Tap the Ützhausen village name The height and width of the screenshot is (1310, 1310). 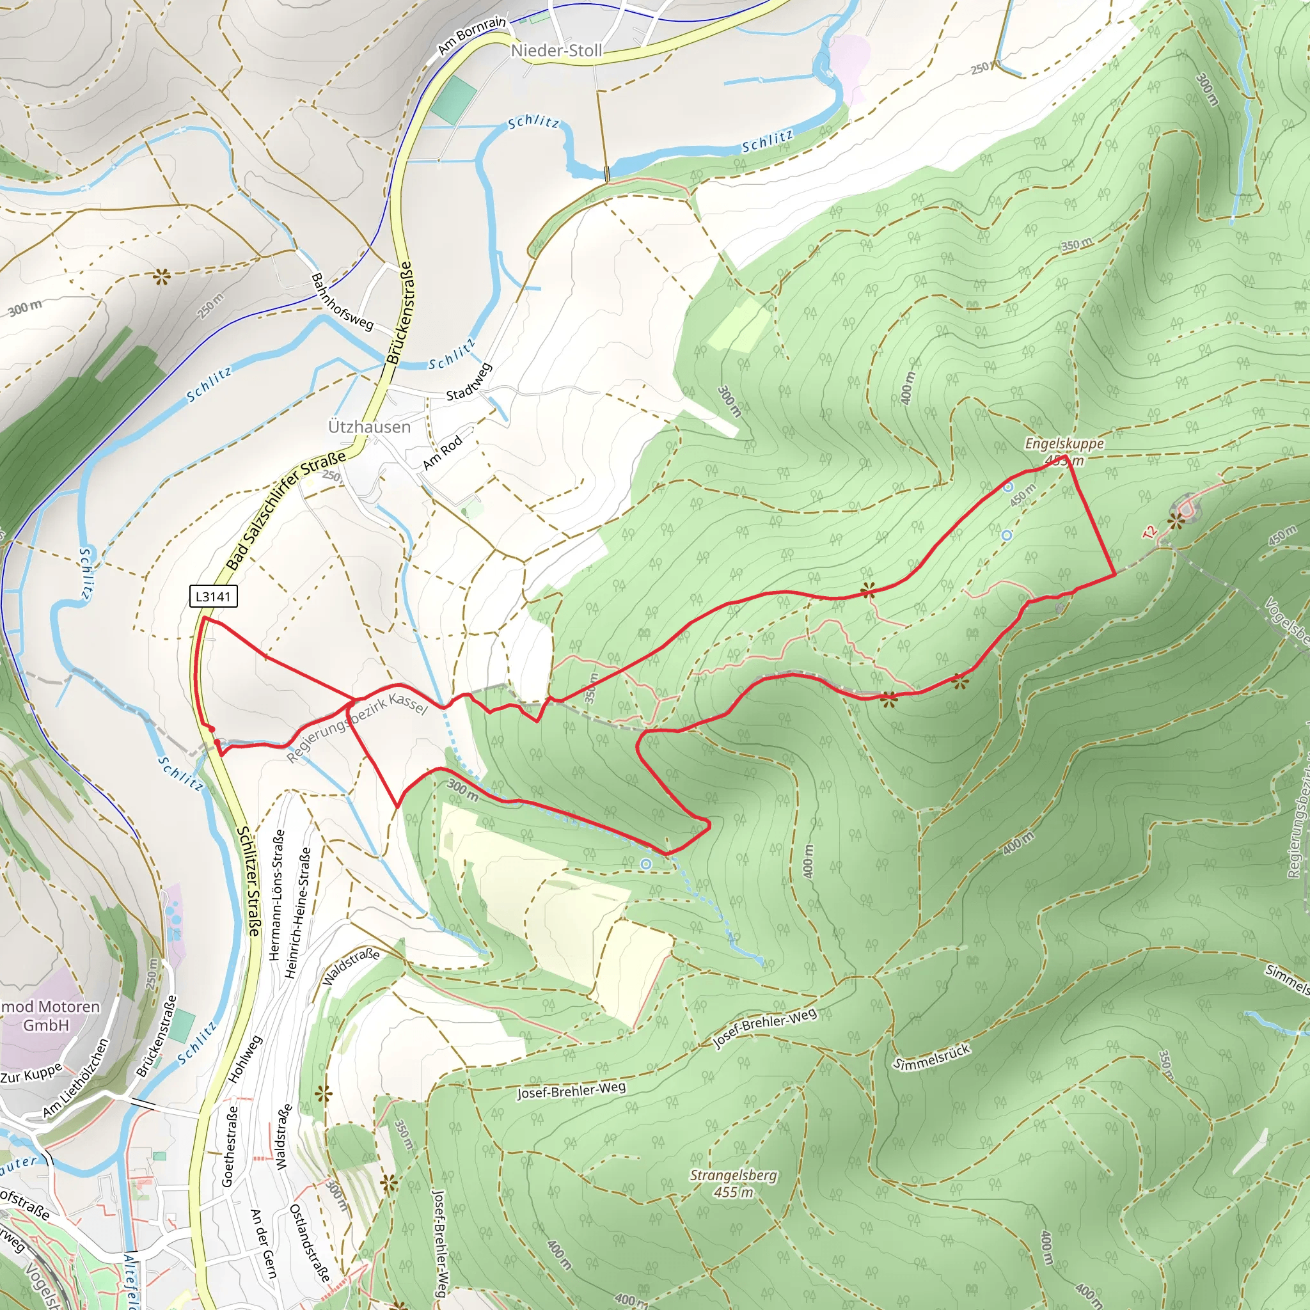[370, 427]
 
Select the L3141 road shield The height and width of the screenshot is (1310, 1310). [213, 597]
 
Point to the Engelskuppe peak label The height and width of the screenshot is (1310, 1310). [1064, 443]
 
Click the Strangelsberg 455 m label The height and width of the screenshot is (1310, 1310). [734, 1183]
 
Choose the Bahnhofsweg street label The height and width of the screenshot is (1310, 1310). [342, 302]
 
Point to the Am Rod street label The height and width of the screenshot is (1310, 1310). [442, 452]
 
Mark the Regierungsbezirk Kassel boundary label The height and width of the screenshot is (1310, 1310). [357, 727]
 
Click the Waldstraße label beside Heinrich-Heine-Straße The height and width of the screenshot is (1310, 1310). [351, 967]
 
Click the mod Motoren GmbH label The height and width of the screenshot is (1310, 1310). [47, 1015]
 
